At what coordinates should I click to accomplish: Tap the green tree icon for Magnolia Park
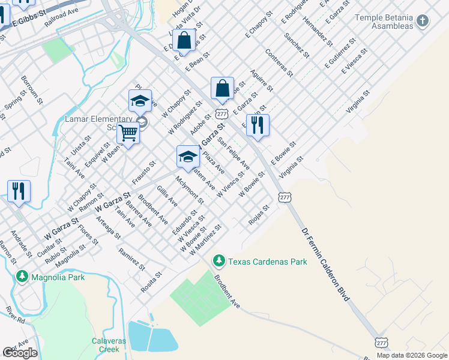point(23,277)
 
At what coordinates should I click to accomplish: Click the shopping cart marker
point(128,133)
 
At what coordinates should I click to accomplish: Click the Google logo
point(20,353)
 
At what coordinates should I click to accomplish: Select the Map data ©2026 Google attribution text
point(412,355)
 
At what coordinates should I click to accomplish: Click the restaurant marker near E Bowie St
point(258,125)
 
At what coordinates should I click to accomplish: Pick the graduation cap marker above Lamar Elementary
point(140,100)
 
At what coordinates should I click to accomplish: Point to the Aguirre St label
point(263,80)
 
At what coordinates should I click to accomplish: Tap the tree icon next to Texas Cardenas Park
point(220,261)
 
